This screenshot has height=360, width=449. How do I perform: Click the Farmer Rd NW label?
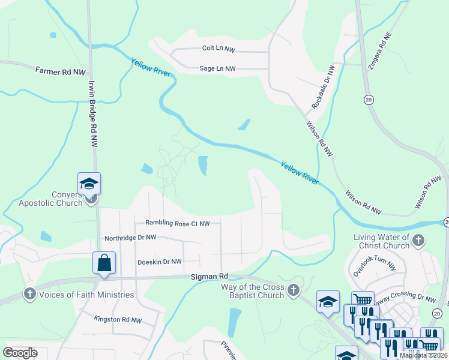[60, 71]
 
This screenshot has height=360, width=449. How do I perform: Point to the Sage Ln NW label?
[218, 69]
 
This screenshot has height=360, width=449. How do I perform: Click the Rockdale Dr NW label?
[322, 87]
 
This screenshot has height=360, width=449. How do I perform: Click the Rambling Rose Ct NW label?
[177, 223]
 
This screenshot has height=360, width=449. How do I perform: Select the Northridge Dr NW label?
[130, 238]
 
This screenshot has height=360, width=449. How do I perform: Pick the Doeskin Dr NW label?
[159, 262]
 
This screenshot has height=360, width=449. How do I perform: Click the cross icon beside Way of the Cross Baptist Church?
[293, 290]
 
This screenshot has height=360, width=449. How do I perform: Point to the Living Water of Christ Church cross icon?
[418, 241]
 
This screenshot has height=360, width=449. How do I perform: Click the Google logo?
[20, 352]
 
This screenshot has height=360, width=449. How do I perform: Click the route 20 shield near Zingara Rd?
[368, 98]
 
